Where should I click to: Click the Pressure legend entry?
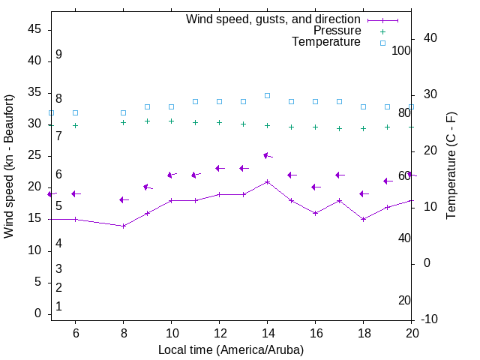pyautogui.click(x=337, y=31)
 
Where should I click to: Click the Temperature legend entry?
pyautogui.click(x=326, y=43)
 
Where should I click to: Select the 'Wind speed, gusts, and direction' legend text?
pyautogui.click(x=273, y=19)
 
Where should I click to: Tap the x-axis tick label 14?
pyautogui.click(x=267, y=334)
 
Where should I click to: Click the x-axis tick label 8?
pyautogui.click(x=123, y=334)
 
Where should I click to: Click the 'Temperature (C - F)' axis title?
pyautogui.click(x=451, y=166)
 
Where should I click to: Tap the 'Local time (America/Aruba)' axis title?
pyautogui.click(x=231, y=349)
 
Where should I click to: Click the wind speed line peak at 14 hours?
pyautogui.click(x=267, y=181)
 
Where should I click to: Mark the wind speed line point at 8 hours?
pyautogui.click(x=123, y=226)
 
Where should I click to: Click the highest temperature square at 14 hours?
pyautogui.click(x=267, y=95)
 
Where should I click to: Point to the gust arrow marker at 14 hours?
pyautogui.click(x=266, y=155)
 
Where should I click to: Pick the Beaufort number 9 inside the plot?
pyautogui.click(x=58, y=55)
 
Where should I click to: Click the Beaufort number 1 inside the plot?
pyautogui.click(x=58, y=306)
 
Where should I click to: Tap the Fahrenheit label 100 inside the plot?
pyautogui.click(x=402, y=50)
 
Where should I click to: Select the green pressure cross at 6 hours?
pyautogui.click(x=75, y=125)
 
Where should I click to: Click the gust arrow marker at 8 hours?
pyautogui.click(x=122, y=199)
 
